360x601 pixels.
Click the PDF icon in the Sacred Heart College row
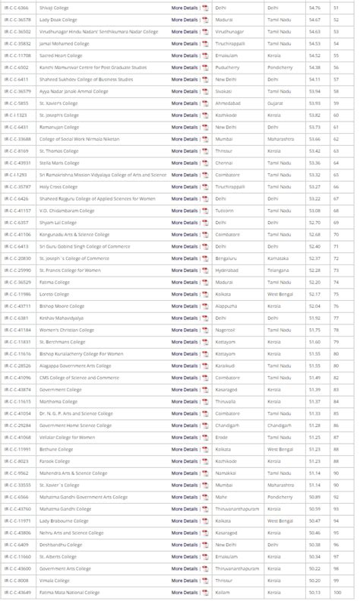coord(205,55)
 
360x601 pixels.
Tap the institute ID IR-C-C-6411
coord(16,79)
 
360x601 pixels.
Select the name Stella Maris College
coord(59,162)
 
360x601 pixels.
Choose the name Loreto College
coord(54,293)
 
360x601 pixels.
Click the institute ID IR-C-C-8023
coord(16,460)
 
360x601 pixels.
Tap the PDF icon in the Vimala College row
coord(205,580)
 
